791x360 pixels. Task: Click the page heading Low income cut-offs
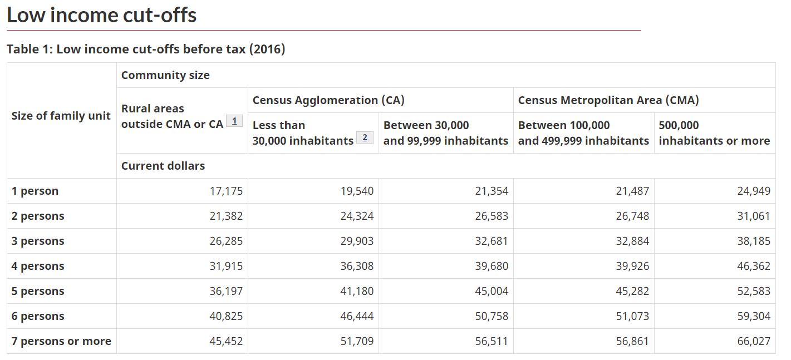pos(101,15)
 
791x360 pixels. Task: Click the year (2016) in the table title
pos(267,49)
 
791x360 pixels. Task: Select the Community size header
pos(165,75)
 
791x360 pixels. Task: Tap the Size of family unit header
pos(61,116)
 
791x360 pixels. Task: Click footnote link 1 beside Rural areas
pos(234,121)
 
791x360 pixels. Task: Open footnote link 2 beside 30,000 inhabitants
pos(365,137)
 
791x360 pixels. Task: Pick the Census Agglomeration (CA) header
pos(328,100)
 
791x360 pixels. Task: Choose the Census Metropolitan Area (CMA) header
pos(608,100)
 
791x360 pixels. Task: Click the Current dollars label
pos(163,166)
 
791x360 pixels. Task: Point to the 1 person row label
pos(35,191)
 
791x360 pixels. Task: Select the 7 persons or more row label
pos(61,341)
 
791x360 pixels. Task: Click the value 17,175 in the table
pos(227,191)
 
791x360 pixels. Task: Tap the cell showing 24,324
pos(357,216)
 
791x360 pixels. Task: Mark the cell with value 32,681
pos(492,241)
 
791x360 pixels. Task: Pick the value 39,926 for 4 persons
pos(632,266)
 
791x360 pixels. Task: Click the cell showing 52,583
pos(754,291)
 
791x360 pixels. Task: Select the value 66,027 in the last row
pos(754,341)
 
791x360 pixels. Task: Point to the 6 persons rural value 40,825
pos(227,316)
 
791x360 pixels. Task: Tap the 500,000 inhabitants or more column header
pos(714,133)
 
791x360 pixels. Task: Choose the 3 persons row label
pos(38,241)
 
